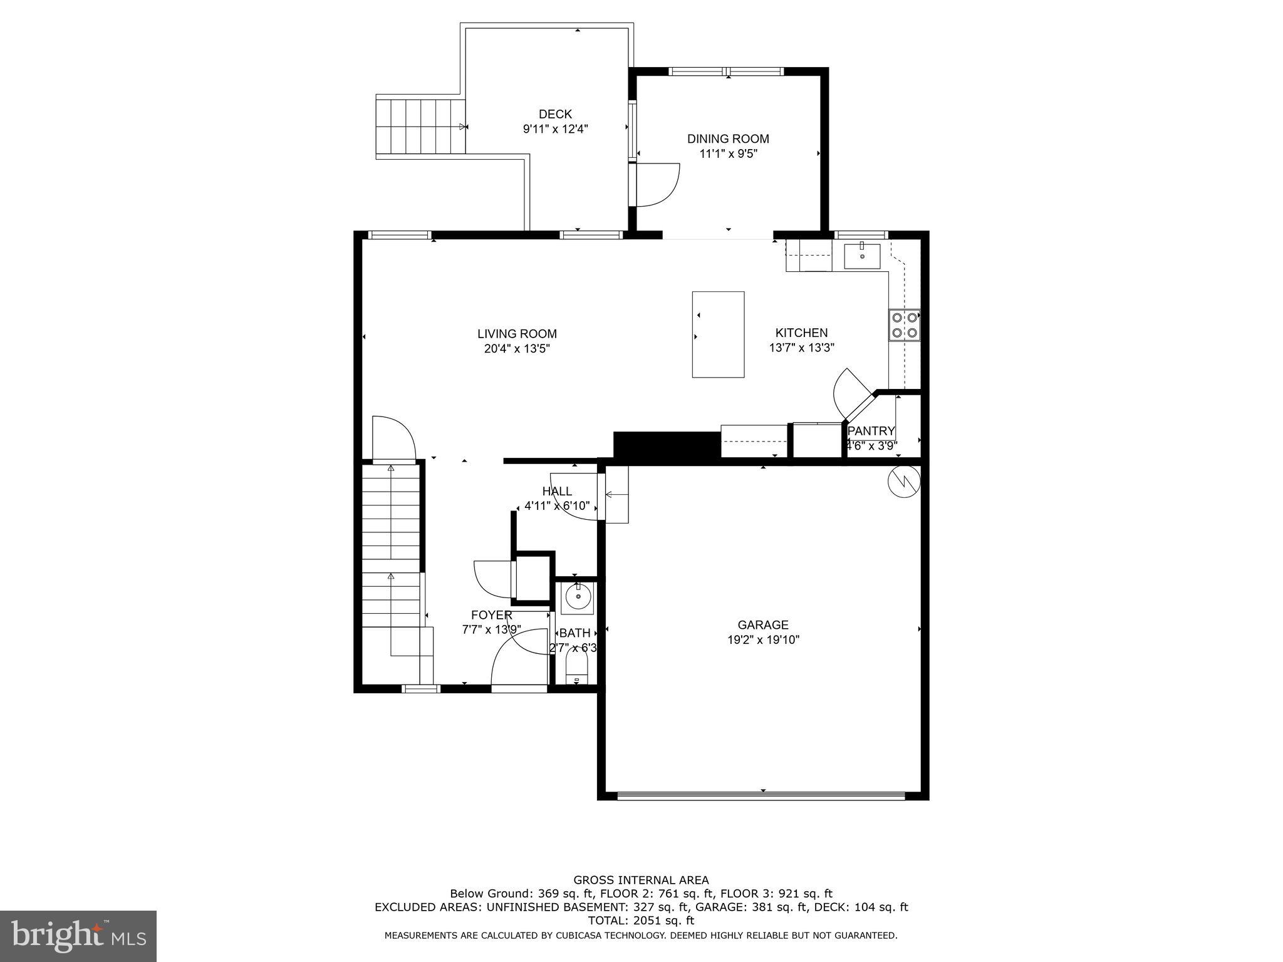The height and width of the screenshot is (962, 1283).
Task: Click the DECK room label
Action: tap(555, 114)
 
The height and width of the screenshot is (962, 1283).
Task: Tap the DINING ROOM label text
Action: tap(728, 139)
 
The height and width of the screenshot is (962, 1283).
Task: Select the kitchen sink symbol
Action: tap(862, 256)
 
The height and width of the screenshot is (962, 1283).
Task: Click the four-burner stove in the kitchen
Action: tap(904, 325)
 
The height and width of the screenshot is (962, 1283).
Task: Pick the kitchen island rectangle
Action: tap(718, 334)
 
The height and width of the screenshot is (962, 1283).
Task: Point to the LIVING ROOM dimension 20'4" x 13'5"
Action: tap(517, 349)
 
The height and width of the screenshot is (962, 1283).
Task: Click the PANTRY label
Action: tap(871, 431)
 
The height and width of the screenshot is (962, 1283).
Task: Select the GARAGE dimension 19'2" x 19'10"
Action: tap(763, 639)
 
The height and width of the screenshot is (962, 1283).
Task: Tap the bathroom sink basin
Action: tap(577, 597)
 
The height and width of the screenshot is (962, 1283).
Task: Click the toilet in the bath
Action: tap(576, 671)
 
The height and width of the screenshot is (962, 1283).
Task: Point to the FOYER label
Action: tap(492, 615)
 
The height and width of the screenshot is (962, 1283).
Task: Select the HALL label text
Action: tap(556, 492)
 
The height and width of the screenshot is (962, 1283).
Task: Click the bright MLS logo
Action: tap(78, 935)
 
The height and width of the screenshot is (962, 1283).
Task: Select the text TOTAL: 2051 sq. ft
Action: tap(641, 921)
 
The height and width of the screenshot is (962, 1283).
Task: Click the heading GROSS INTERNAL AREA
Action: tap(641, 880)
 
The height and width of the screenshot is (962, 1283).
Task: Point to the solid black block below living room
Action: tap(667, 447)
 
